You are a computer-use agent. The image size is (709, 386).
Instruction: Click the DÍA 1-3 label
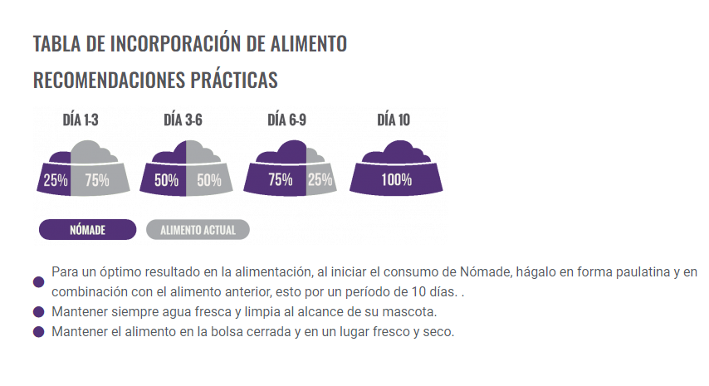pyautogui.click(x=81, y=120)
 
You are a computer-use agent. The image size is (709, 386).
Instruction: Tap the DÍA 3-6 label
pyautogui.click(x=183, y=120)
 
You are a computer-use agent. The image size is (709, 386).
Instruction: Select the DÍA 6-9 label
pyautogui.click(x=287, y=120)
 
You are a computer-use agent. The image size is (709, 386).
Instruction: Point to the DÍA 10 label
pyautogui.click(x=394, y=120)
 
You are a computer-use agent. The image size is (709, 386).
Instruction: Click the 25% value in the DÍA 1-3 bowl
pyautogui.click(x=55, y=179)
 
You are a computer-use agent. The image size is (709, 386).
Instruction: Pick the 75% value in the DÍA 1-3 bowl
pyautogui.click(x=97, y=179)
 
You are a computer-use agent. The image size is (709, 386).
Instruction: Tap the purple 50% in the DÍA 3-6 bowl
pyautogui.click(x=167, y=179)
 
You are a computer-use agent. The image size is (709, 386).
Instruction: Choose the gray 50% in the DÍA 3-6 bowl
pyautogui.click(x=209, y=179)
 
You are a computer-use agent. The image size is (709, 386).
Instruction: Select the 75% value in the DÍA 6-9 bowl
pyautogui.click(x=280, y=179)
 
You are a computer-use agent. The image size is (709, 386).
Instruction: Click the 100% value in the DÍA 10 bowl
pyautogui.click(x=396, y=179)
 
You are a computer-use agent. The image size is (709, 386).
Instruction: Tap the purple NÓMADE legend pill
pyautogui.click(x=87, y=230)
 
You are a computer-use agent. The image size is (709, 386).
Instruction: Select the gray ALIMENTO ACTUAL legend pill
pyautogui.click(x=198, y=230)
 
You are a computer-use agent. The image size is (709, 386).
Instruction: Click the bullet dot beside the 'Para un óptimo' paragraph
pyautogui.click(x=38, y=282)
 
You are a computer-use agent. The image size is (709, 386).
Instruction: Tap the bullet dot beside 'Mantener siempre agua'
pyautogui.click(x=38, y=312)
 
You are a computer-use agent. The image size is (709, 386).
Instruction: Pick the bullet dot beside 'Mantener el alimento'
pyautogui.click(x=38, y=332)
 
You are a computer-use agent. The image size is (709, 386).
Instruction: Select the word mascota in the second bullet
pyautogui.click(x=413, y=312)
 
